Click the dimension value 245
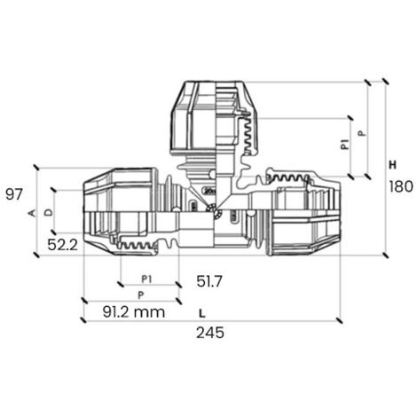(x=210, y=333)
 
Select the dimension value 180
(x=401, y=186)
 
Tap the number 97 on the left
(x=14, y=194)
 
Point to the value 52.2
(x=62, y=245)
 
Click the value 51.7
(x=209, y=281)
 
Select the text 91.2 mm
(x=134, y=312)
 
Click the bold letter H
(x=392, y=165)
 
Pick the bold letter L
(x=202, y=313)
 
